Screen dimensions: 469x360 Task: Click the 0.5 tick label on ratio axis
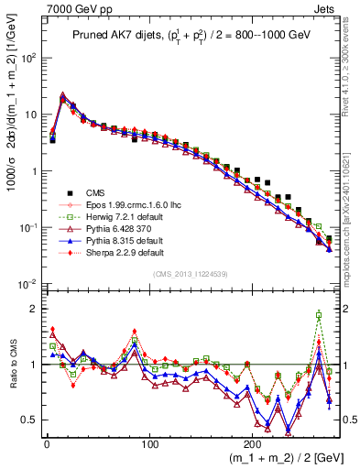click(x=28, y=420)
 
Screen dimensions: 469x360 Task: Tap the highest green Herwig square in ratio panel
click(x=319, y=315)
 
